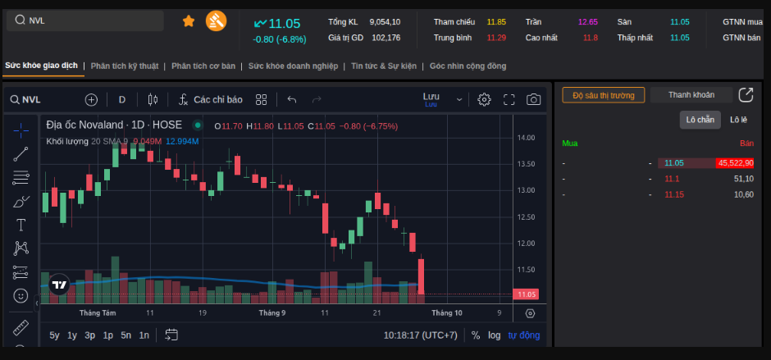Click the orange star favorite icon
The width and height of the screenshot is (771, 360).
(x=189, y=21)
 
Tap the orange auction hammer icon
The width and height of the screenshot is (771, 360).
(x=216, y=21)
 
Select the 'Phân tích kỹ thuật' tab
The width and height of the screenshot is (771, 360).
(x=125, y=66)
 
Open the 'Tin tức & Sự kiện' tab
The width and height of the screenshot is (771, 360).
(x=384, y=66)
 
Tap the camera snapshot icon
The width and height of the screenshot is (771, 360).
(x=533, y=100)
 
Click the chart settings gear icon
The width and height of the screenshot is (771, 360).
(x=484, y=100)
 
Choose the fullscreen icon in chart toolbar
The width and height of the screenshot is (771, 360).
(x=509, y=100)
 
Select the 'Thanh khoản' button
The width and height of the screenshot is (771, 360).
(x=691, y=95)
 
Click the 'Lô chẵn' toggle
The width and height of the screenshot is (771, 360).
(x=700, y=120)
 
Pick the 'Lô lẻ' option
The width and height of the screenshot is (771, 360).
(x=738, y=120)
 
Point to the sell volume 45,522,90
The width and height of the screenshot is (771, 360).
(x=735, y=163)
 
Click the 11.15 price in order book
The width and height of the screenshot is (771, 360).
(x=674, y=194)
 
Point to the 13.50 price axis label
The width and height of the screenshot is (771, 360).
(x=526, y=164)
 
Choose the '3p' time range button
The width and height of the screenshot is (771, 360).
(x=90, y=335)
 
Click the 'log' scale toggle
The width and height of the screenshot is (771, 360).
(x=494, y=335)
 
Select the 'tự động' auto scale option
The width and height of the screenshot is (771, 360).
(x=524, y=335)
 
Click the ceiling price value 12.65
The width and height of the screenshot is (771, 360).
(x=588, y=22)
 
